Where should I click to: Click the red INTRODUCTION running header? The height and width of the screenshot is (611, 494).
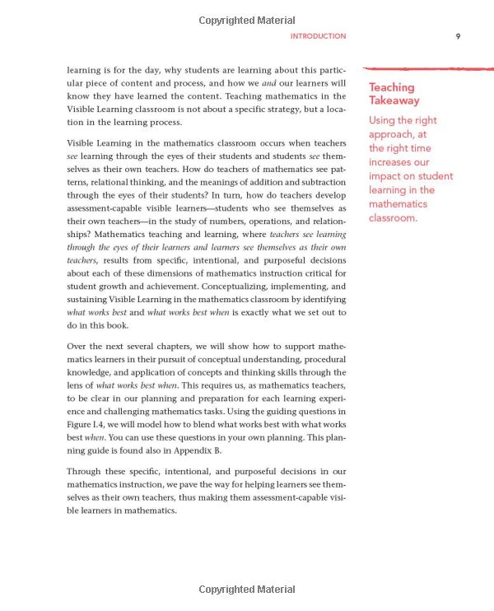(x=319, y=36)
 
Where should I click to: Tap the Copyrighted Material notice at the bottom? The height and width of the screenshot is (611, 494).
(x=247, y=590)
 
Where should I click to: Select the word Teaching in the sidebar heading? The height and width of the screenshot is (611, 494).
(x=392, y=87)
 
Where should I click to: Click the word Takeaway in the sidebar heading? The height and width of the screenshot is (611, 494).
(x=394, y=100)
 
